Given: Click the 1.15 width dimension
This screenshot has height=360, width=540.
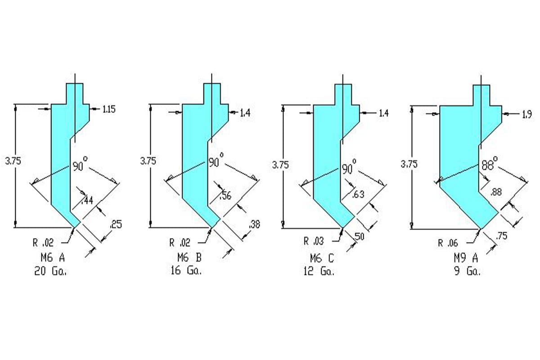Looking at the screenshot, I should coord(109,109).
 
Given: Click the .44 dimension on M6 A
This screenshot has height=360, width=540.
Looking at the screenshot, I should coord(88,200).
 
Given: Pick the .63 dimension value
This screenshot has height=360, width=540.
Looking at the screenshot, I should coord(358,194).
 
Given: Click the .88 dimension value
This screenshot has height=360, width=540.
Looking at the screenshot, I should coord(496,192).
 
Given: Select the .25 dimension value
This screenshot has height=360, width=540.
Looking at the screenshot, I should coord(116,224).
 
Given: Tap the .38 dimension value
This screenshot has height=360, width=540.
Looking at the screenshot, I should coord(254,224).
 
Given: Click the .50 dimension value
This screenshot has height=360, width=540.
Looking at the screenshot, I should coord(359,236).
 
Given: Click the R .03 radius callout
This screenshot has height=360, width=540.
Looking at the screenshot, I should coord(313,242).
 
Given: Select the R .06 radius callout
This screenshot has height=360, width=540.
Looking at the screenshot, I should coord(448,243).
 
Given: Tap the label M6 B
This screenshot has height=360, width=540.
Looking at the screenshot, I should coord(189,258).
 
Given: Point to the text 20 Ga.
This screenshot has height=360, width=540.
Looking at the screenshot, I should coord(50,271).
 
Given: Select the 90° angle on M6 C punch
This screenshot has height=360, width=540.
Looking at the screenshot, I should coord(348,169).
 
